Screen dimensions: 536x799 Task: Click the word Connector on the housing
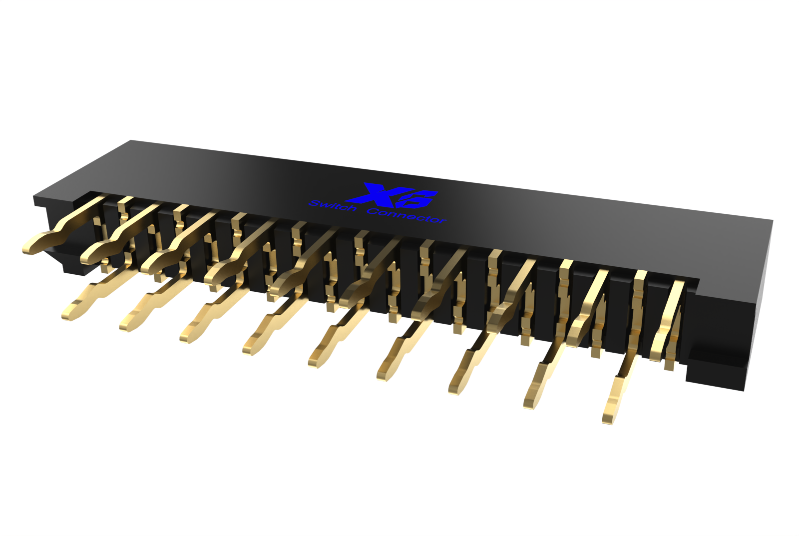point(406,215)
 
